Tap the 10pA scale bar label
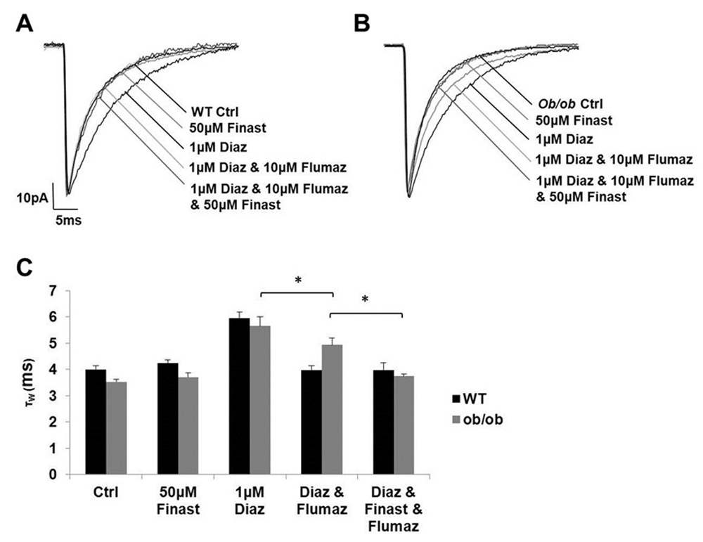[32, 198]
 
